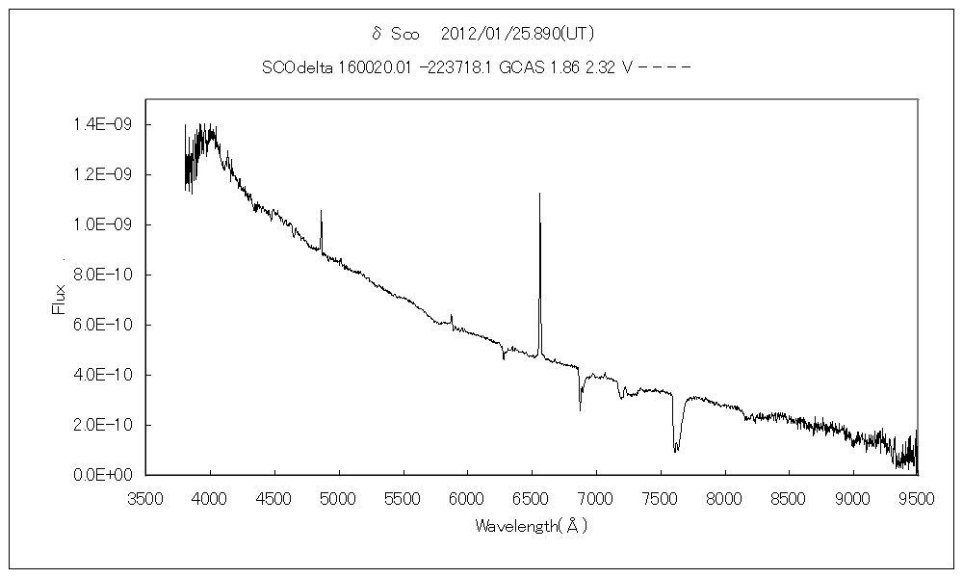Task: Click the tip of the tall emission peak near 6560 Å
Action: click(x=539, y=194)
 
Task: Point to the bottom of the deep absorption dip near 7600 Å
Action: click(x=676, y=451)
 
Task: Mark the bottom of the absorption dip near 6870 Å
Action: click(x=580, y=410)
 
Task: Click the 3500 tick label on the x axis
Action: click(x=145, y=497)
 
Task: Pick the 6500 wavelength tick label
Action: click(x=532, y=497)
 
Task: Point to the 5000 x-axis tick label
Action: click(x=338, y=497)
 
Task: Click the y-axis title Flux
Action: click(x=58, y=299)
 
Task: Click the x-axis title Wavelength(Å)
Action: click(x=531, y=526)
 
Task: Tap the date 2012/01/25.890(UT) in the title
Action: click(x=518, y=34)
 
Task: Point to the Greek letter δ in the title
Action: click(x=377, y=34)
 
